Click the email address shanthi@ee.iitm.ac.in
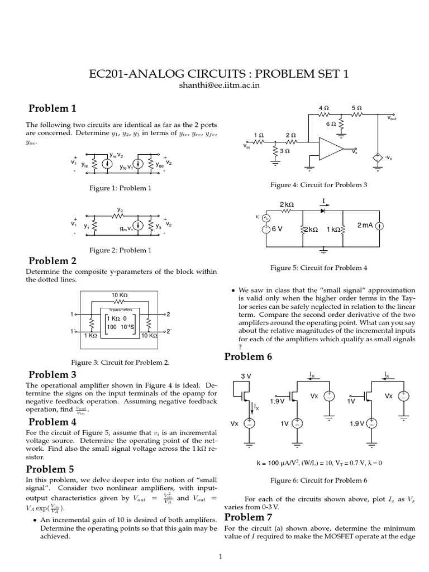click(x=214, y=85)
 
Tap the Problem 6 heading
click(x=248, y=356)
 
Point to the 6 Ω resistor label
click(x=331, y=124)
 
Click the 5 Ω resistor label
click(x=356, y=107)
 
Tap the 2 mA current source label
click(x=364, y=225)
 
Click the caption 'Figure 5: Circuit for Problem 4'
click(x=318, y=268)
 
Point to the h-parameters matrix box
click(x=119, y=322)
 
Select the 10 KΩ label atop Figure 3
click(x=119, y=295)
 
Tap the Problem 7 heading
click(x=248, y=517)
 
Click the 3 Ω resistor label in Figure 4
click(x=284, y=151)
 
